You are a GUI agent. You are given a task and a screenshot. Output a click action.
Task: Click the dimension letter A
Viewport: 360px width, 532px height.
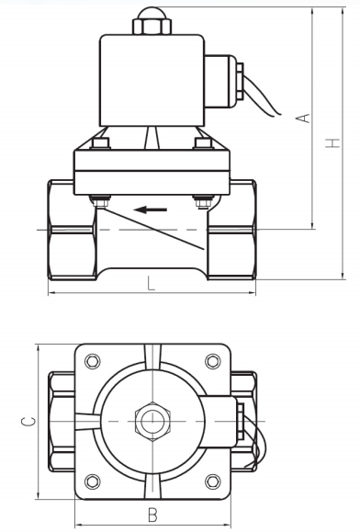[307, 118]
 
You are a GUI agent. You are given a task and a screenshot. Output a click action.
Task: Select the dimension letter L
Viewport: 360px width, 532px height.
[152, 284]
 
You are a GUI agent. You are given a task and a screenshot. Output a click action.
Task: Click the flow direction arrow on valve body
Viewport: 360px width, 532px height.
[152, 209]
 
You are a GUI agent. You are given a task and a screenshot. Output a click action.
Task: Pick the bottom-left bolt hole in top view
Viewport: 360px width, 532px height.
[91, 479]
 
